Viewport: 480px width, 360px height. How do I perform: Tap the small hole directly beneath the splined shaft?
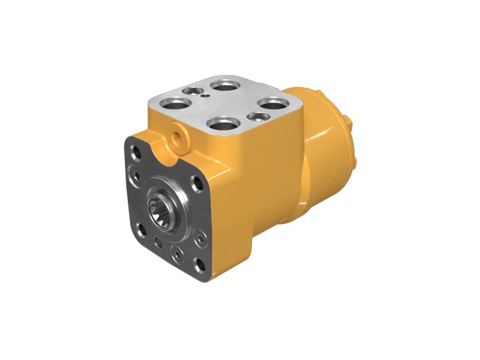pos(157,241)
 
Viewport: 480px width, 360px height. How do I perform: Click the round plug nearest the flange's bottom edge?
pos(176,254)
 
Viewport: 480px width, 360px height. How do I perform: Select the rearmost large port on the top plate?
pos(226,85)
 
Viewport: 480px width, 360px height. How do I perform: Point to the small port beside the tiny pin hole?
pos(193,90)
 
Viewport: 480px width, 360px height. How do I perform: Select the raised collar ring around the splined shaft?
pos(174,198)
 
